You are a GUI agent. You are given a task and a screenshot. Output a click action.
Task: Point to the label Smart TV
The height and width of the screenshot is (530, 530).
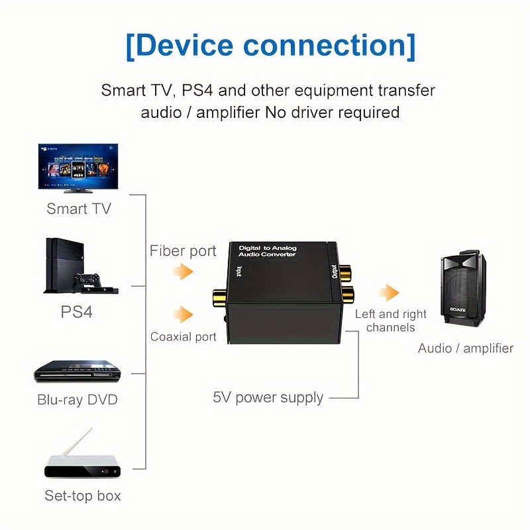coord(79,209)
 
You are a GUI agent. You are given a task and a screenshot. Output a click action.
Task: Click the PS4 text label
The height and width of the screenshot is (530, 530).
coord(77,311)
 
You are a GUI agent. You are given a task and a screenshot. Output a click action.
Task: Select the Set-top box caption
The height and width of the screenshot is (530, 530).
coord(83,496)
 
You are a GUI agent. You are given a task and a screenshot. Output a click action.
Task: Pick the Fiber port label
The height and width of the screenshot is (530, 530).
coord(183,251)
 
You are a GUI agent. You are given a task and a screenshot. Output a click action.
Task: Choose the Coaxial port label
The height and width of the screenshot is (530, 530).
coord(184,337)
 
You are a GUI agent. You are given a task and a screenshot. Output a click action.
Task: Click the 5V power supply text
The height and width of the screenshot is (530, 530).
coord(268,397)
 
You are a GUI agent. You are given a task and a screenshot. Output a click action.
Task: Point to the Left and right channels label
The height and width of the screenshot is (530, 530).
coord(390,321)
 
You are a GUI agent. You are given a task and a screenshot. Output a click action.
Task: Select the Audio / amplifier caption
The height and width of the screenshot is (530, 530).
coord(465,348)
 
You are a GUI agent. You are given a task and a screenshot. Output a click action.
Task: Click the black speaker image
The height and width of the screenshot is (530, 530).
coord(462,291)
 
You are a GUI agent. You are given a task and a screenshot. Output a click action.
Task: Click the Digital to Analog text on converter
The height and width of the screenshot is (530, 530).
coord(268,248)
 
